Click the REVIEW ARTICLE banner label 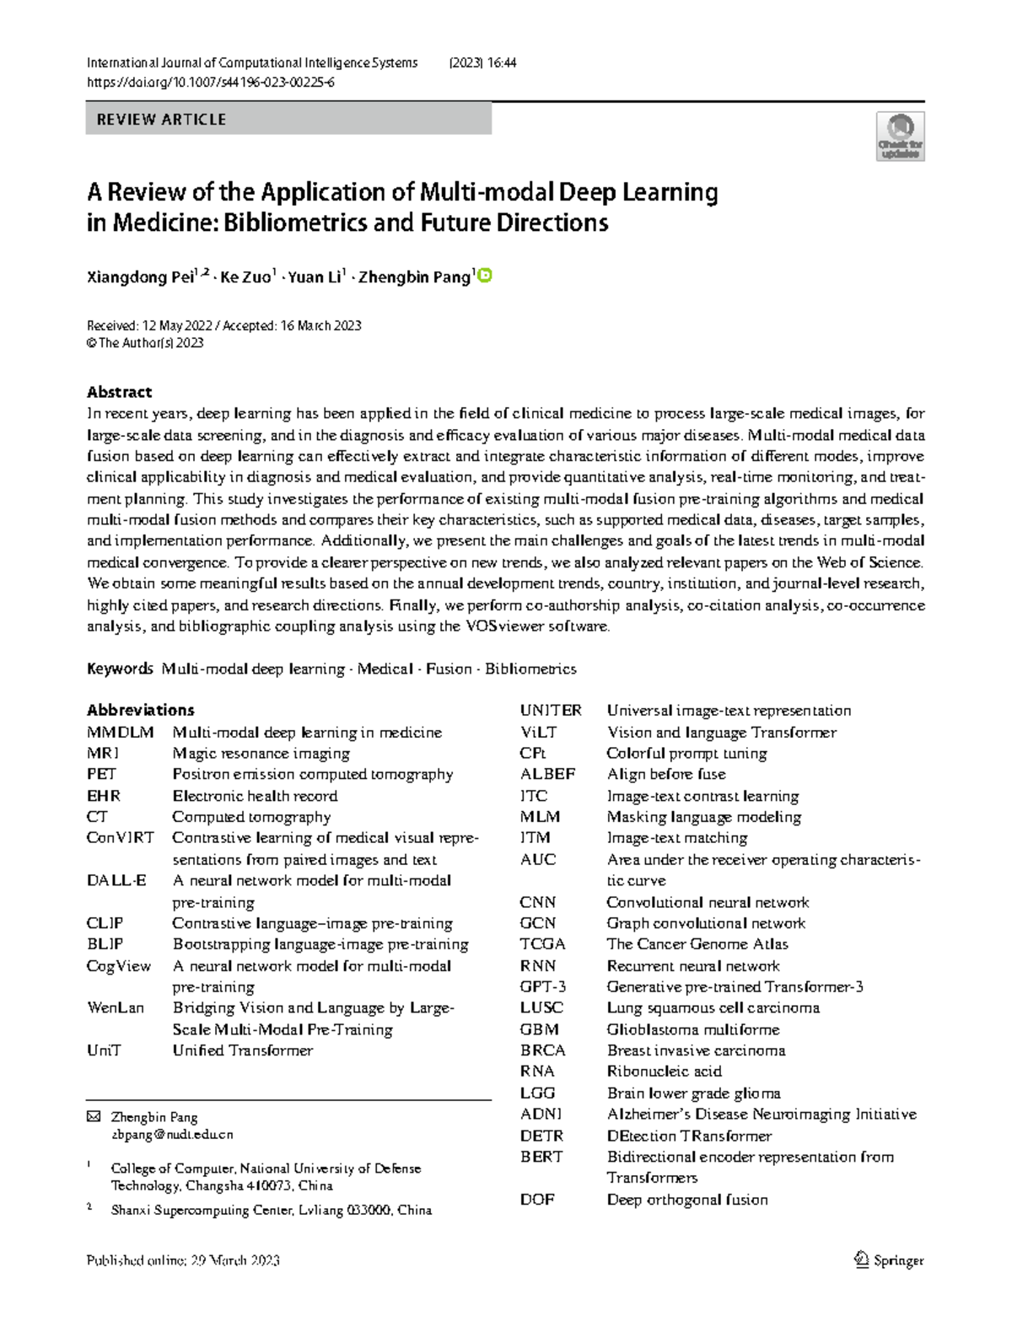coord(161,120)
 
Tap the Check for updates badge coord(901,137)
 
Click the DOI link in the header coord(211,83)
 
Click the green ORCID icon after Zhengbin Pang coord(485,276)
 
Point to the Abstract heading coord(119,391)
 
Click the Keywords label coord(120,669)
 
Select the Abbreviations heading coord(140,710)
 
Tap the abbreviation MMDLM coord(120,732)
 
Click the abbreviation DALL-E coord(116,880)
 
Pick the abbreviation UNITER coord(551,711)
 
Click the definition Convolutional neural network coord(708,902)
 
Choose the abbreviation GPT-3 coord(543,986)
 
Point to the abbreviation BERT coord(541,1157)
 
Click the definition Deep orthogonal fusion coord(686,1200)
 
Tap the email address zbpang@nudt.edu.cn coord(172,1135)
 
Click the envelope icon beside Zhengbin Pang coord(93,1117)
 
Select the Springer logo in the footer coord(890,1260)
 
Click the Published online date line coord(183,1260)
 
